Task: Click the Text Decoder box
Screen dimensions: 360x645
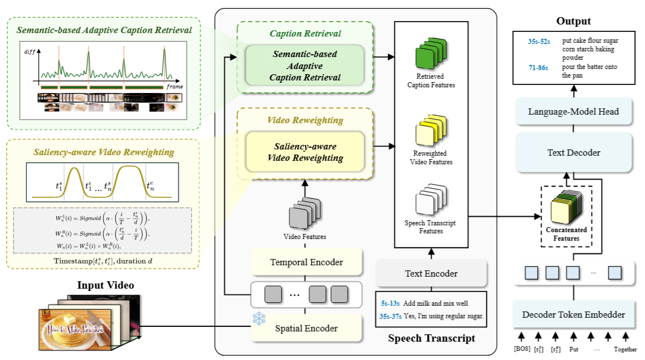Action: click(x=573, y=152)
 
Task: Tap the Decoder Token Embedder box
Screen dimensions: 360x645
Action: click(x=573, y=314)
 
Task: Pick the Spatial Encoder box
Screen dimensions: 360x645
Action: click(x=306, y=328)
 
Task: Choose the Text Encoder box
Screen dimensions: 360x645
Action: click(x=431, y=273)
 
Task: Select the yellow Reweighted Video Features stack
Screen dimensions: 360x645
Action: click(x=431, y=131)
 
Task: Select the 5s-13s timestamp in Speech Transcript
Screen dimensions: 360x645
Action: click(x=390, y=303)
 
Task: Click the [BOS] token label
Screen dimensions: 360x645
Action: click(x=521, y=349)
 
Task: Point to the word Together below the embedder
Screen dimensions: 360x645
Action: click(x=626, y=349)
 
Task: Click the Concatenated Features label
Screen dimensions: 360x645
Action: click(x=566, y=234)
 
